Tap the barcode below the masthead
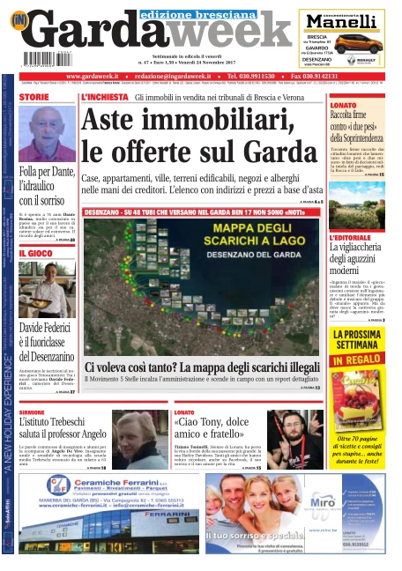pyautogui.click(x=41, y=59)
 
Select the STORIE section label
pyautogui.click(x=34, y=97)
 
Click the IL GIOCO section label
pyautogui.click(x=34, y=253)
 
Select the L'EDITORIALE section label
pyautogui.click(x=351, y=239)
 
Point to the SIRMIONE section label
pyautogui.click(x=33, y=412)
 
